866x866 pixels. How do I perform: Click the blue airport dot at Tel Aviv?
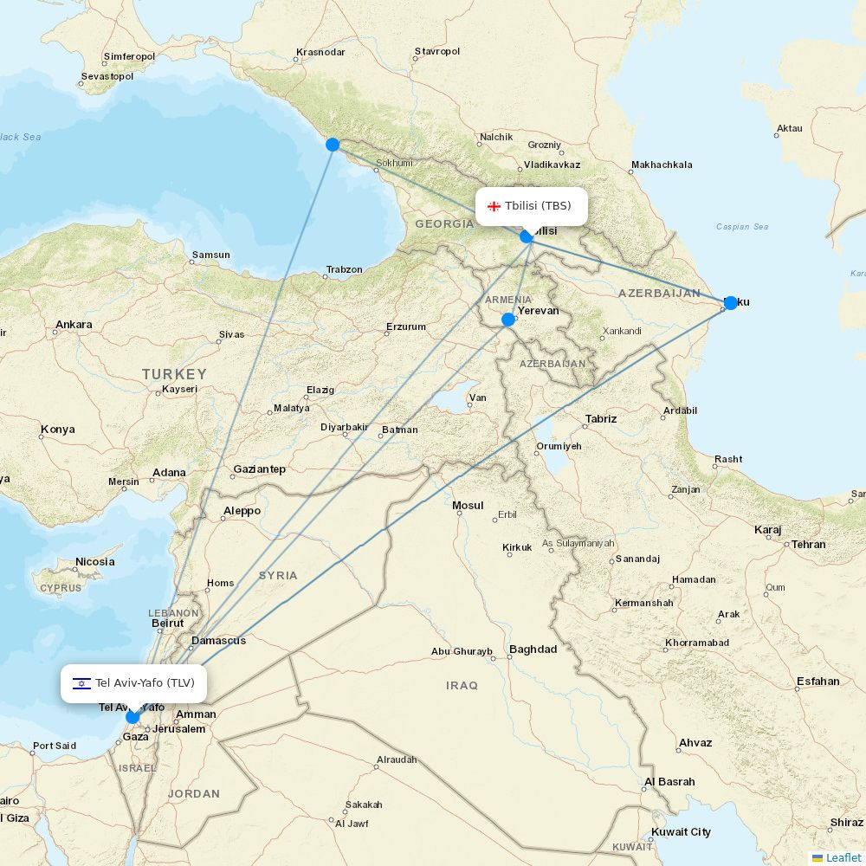pos(132,716)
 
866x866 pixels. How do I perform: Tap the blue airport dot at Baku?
pos(730,302)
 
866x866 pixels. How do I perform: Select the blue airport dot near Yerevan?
pos(508,320)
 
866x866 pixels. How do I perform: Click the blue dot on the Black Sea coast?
pos(333,145)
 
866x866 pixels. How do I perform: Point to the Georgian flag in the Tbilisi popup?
pos(494,206)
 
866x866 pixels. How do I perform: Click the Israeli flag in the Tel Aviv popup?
pos(82,683)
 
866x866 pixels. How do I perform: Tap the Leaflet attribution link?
pos(843,857)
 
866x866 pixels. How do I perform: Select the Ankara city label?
pos(74,325)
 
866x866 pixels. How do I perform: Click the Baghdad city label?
pos(533,649)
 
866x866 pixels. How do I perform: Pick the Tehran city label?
pos(808,544)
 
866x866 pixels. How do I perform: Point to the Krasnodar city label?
pos(320,52)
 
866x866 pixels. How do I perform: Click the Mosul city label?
pos(468,505)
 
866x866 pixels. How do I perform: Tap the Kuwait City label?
pos(682,831)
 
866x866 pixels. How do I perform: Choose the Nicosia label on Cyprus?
pos(94,561)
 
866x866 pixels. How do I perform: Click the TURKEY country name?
pos(174,374)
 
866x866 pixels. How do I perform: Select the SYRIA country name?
pos(277,575)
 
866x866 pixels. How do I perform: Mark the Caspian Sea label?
pos(742,227)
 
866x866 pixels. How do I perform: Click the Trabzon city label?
pos(344,269)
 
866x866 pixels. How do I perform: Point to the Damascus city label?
pos(218,640)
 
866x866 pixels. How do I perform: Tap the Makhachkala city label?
pos(662,165)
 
